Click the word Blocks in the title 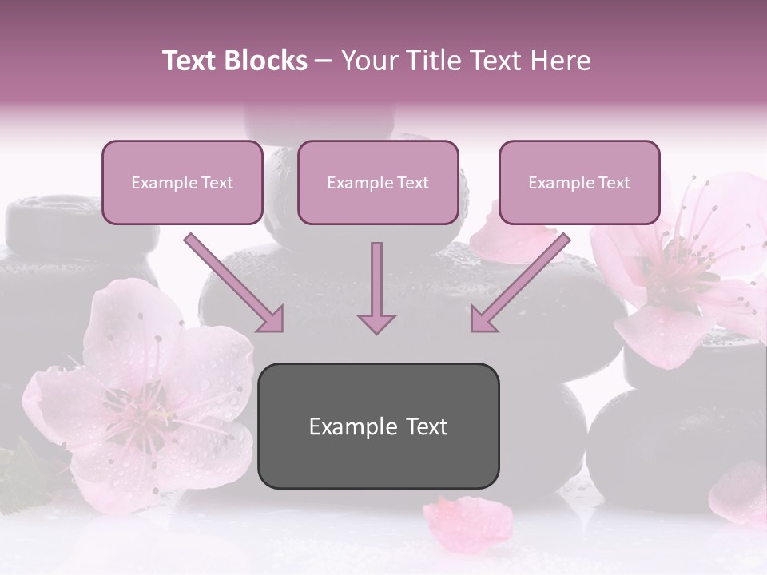(266, 61)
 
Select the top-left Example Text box (182, 183)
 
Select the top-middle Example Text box (378, 183)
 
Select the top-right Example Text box (579, 183)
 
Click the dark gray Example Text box (378, 426)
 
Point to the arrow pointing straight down (376, 287)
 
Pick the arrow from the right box (520, 283)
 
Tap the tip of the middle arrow (376, 330)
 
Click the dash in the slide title (324, 61)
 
